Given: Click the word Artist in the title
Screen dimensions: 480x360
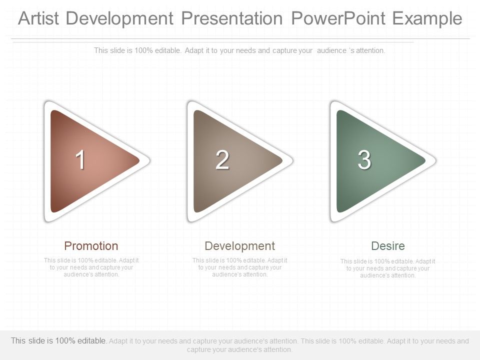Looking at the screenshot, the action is pyautogui.click(x=38, y=18).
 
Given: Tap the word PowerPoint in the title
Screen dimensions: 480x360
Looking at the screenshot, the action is pyautogui.click(x=338, y=18).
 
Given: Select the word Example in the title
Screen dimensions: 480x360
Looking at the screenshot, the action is pyautogui.click(x=427, y=19).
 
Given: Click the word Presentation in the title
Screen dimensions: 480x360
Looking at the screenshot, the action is pyautogui.click(x=232, y=18).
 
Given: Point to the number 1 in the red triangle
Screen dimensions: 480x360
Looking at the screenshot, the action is pyautogui.click(x=80, y=159).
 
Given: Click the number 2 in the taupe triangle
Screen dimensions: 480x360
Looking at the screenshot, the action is pyautogui.click(x=222, y=159).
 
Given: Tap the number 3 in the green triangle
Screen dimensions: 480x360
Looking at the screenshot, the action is pyautogui.click(x=364, y=159).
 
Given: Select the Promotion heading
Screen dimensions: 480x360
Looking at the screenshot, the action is pyautogui.click(x=91, y=246).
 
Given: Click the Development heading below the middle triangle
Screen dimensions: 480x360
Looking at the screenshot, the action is pyautogui.click(x=239, y=246).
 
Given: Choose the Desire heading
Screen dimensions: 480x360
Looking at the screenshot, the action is pyautogui.click(x=388, y=246).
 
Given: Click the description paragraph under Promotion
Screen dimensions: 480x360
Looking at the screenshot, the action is pyautogui.click(x=91, y=267).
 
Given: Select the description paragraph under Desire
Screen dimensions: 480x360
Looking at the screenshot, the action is pyautogui.click(x=388, y=268).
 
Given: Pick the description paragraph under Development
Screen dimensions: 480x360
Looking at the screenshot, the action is pyautogui.click(x=239, y=267).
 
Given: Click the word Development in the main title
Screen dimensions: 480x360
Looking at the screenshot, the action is pyautogui.click(x=119, y=19).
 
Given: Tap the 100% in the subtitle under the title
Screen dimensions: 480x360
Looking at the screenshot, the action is pyautogui.click(x=143, y=50).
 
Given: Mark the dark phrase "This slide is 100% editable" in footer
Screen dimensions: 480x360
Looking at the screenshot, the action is pyautogui.click(x=58, y=340).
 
